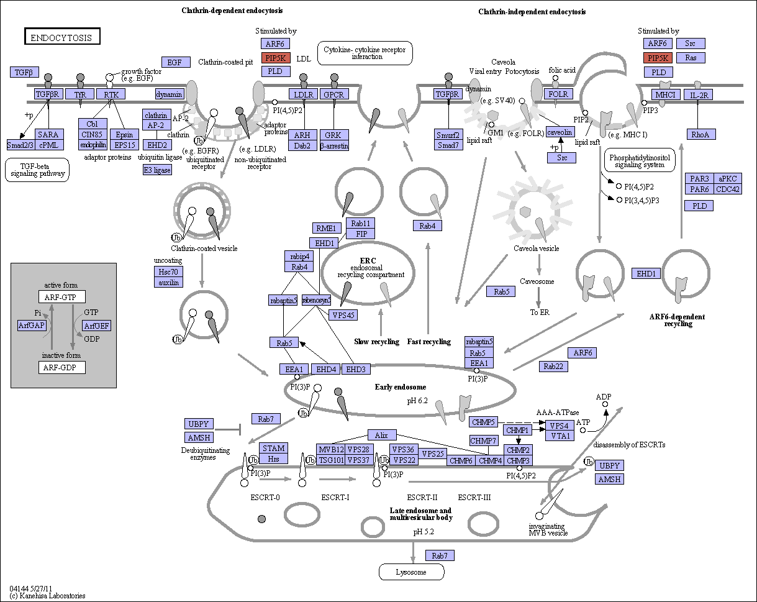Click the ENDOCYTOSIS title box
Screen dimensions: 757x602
[x=62, y=36]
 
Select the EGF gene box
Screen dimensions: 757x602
[x=176, y=62]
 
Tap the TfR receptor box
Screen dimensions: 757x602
[x=80, y=94]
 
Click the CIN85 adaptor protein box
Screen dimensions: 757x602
[x=93, y=134]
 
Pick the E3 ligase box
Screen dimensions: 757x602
[x=157, y=170]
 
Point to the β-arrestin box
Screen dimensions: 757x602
[x=334, y=145]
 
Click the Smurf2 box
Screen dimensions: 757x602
[x=448, y=134]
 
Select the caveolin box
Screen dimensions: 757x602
[x=560, y=132]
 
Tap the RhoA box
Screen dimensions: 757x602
[x=701, y=134]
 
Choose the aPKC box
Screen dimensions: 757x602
[x=728, y=178]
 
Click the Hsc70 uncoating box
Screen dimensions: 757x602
[x=168, y=271]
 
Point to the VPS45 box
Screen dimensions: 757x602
[x=343, y=315]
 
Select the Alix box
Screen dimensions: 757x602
[x=382, y=435]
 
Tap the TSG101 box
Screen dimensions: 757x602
[x=330, y=460]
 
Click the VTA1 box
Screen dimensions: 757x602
[x=560, y=436]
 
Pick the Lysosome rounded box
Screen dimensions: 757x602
[x=411, y=572]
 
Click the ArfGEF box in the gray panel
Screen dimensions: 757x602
[x=96, y=326]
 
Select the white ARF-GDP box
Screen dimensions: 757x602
[x=62, y=368]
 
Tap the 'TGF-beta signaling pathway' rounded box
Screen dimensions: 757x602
[x=37, y=170]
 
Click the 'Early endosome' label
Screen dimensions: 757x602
[x=401, y=387]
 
